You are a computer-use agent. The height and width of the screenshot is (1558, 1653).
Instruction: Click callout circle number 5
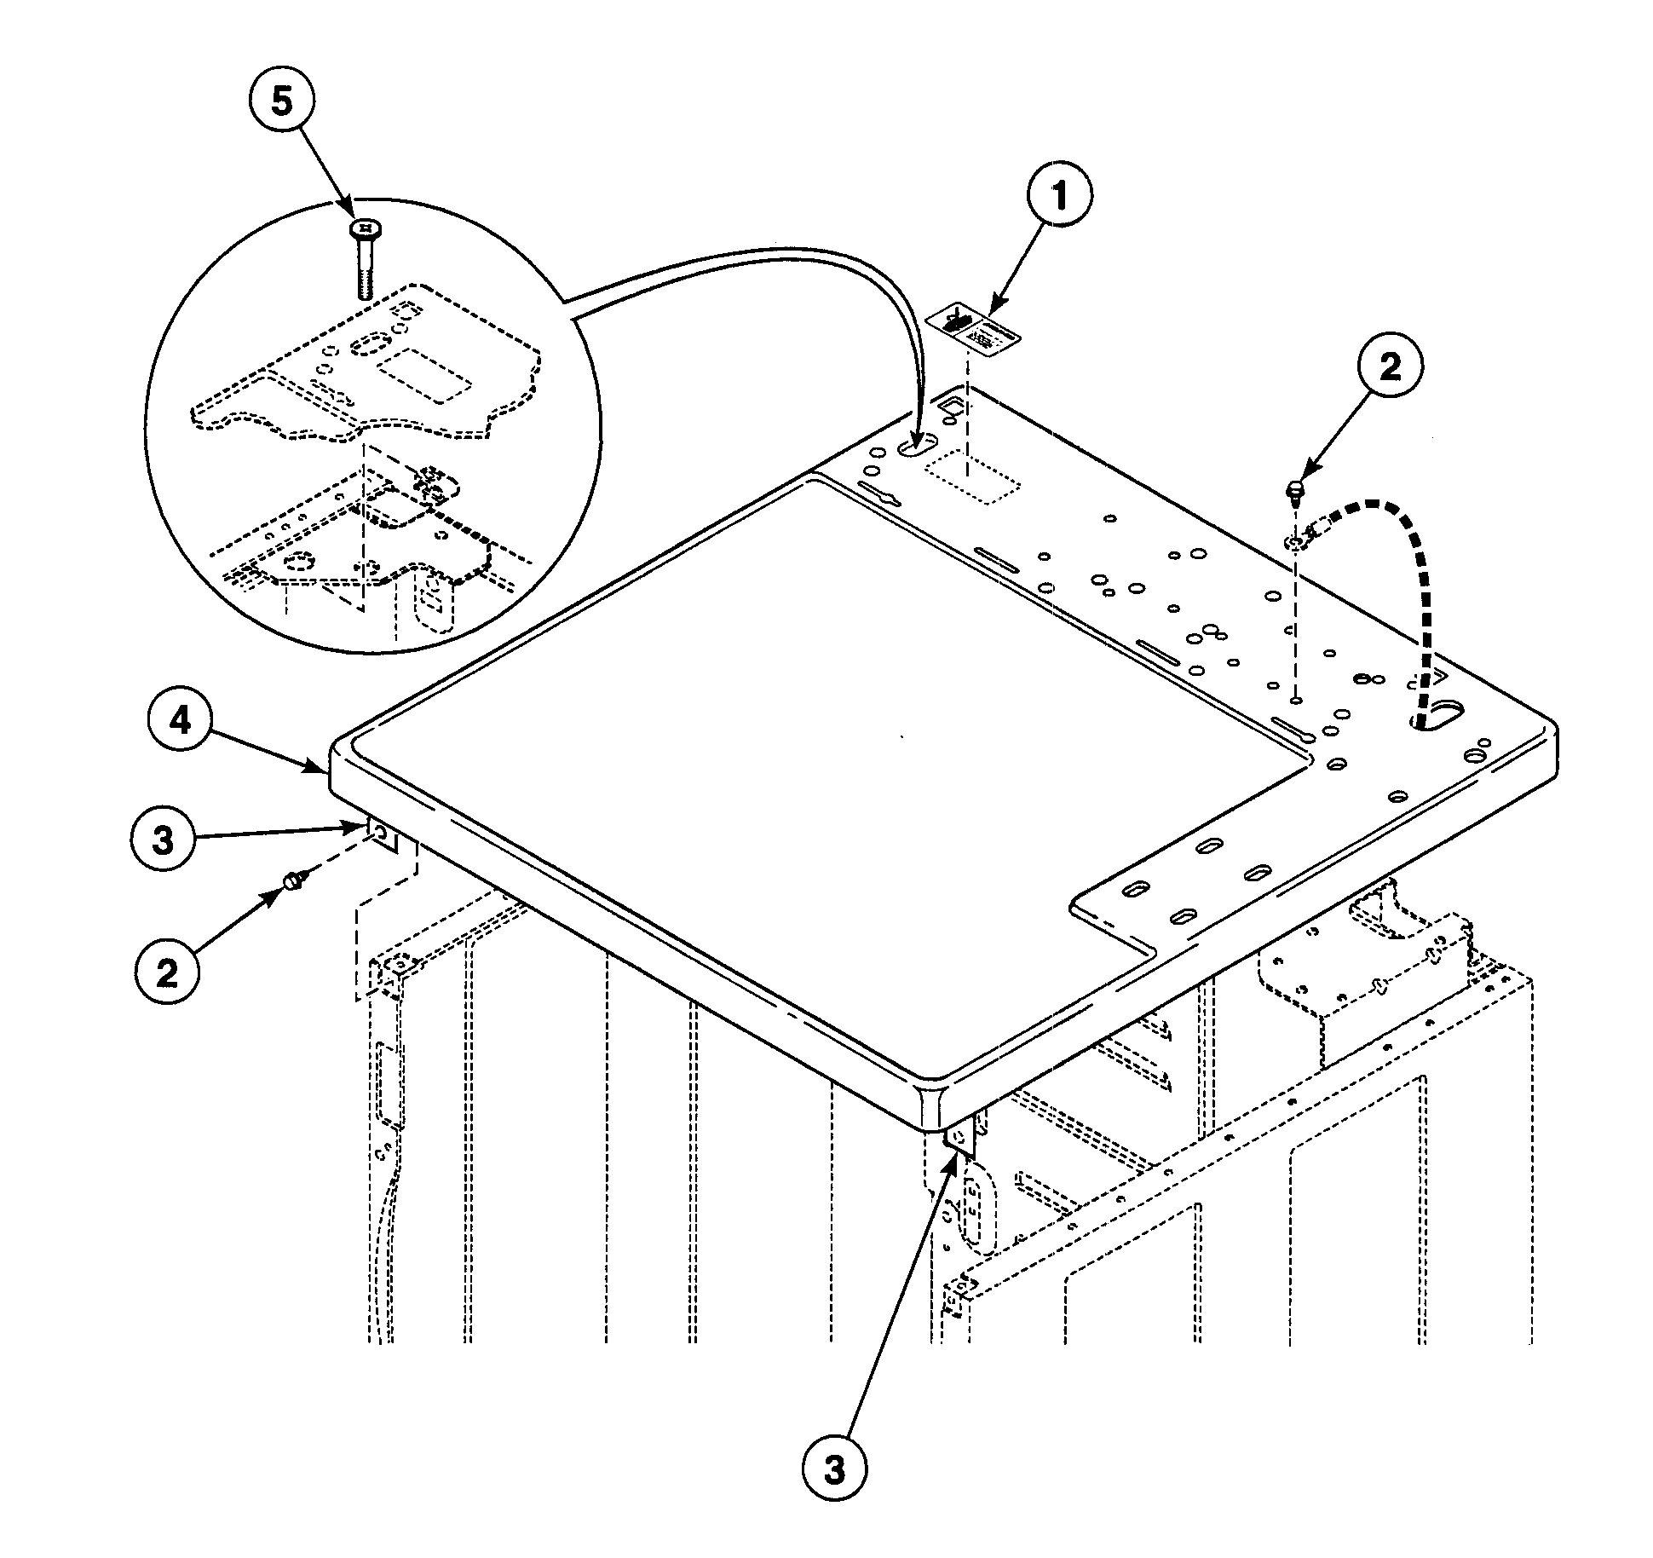(x=281, y=101)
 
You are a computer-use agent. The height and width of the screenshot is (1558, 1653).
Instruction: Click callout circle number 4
(x=180, y=721)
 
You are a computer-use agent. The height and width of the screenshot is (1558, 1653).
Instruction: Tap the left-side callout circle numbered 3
(x=164, y=840)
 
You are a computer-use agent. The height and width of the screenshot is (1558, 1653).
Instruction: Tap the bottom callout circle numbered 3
(x=834, y=1469)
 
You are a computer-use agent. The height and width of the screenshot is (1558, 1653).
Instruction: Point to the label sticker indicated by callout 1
(x=973, y=329)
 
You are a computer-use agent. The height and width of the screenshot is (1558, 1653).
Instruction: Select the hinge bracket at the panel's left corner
(x=383, y=834)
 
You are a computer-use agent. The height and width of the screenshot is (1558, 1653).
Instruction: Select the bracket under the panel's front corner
(x=960, y=1140)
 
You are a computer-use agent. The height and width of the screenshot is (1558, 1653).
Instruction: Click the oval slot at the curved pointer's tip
(x=916, y=445)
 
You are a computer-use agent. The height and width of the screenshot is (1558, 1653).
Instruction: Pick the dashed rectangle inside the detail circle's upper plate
(x=422, y=375)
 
